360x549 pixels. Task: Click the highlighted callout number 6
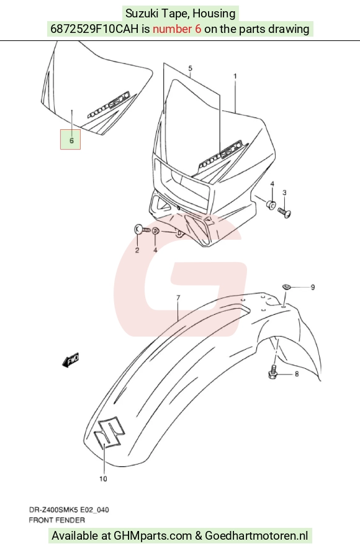72,140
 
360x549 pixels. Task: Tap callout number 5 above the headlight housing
190,68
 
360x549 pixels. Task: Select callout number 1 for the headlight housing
235,76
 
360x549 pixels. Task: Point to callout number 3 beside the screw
284,193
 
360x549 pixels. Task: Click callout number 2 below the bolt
137,250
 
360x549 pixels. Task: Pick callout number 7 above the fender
178,298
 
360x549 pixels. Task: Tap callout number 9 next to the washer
313,287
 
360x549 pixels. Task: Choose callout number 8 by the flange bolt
297,374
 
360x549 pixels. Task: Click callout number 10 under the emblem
103,479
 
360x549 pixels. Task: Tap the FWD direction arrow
70,360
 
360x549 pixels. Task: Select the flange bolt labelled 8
273,372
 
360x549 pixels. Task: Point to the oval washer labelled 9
287,287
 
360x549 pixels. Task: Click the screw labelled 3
284,212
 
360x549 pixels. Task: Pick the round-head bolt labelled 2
142,230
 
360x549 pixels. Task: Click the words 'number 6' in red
177,29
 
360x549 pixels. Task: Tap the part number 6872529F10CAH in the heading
94,29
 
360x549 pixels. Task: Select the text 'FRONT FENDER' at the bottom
56,520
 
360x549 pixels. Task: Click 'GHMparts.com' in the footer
153,536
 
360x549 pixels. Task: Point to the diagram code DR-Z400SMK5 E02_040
68,509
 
